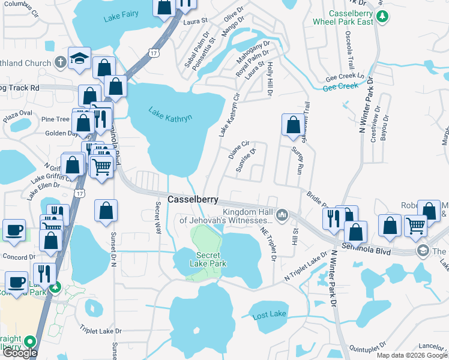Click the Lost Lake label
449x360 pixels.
269,314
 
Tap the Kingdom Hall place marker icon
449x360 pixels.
282,214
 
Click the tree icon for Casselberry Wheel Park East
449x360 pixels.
381,21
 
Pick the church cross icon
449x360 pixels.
60,61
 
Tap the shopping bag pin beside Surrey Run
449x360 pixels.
293,125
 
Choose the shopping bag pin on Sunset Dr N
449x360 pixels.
106,211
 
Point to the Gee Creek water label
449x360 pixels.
340,86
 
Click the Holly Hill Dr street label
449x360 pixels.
271,77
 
